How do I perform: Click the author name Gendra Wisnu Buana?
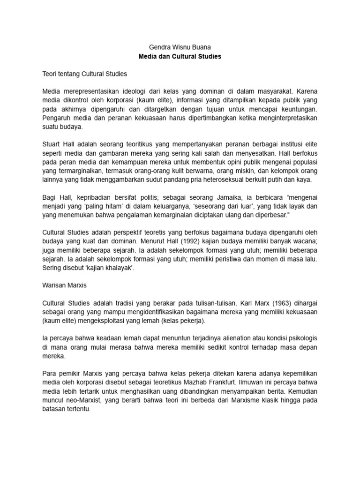click(x=180, y=47)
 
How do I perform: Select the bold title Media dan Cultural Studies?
click(x=180, y=56)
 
